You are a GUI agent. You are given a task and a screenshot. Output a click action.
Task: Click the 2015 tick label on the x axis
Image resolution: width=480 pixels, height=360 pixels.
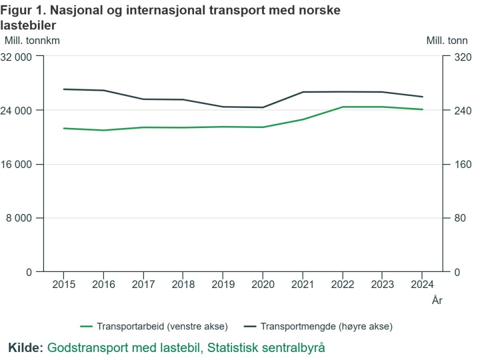[63, 284]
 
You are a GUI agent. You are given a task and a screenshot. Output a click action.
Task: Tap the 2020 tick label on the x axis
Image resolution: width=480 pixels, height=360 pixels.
[262, 284]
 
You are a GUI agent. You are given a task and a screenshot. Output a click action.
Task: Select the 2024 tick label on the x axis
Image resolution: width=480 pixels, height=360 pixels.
[421, 284]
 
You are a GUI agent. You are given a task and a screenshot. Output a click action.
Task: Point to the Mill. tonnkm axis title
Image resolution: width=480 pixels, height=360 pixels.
[32, 41]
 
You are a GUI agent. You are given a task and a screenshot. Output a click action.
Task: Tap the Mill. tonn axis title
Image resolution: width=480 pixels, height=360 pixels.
[447, 41]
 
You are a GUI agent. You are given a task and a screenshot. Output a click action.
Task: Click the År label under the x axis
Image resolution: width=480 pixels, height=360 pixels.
[437, 300]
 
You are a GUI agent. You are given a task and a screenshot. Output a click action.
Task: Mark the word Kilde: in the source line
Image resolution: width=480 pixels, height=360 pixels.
[25, 347]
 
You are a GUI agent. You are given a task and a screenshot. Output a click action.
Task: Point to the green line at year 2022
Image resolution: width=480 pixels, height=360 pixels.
[342, 107]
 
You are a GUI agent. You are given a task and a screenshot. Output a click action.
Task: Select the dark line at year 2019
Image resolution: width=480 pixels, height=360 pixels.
[223, 106]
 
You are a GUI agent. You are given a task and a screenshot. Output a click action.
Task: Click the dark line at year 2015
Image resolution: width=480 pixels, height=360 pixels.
[63, 89]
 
